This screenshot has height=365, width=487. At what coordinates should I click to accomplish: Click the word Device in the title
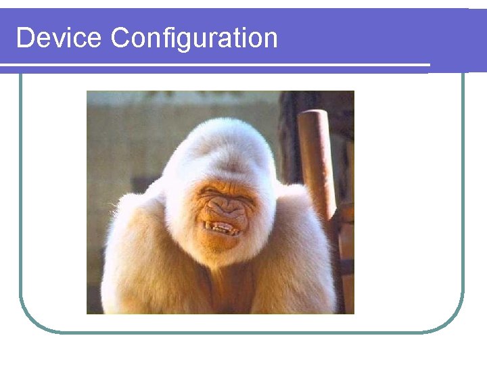tap(60, 38)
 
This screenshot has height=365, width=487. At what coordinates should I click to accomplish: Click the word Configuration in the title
tap(194, 39)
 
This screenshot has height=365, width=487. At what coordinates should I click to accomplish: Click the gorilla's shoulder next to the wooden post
tap(303, 216)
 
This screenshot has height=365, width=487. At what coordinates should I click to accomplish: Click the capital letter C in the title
tap(120, 38)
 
